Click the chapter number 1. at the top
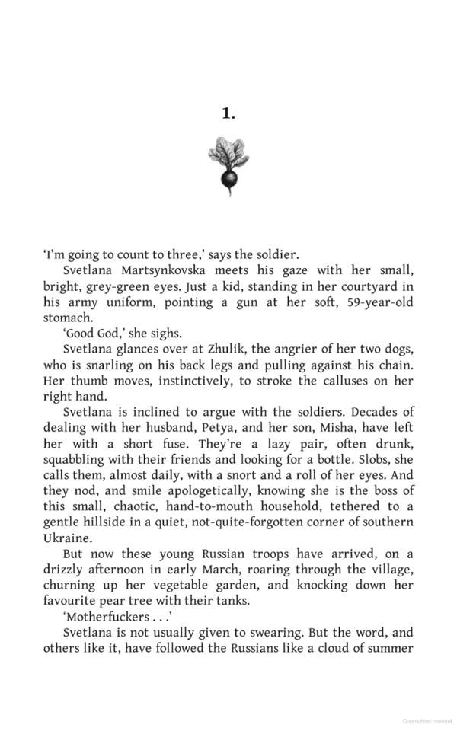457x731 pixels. pyautogui.click(x=228, y=113)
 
